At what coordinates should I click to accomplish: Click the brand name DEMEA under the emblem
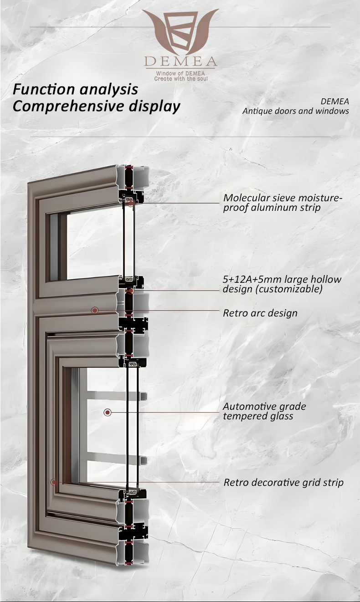[x=180, y=61]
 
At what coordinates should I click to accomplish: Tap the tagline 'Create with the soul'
[x=180, y=79]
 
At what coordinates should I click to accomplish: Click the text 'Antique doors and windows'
[x=295, y=111]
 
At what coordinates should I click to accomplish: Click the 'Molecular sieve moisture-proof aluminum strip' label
[x=283, y=203]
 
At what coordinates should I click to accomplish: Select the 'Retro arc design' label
[x=260, y=313]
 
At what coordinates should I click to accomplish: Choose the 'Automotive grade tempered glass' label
[x=264, y=411]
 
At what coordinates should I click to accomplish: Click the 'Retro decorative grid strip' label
[x=283, y=482]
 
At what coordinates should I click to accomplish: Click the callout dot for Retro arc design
[x=94, y=311]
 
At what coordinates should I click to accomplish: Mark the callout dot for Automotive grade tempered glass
[x=108, y=412]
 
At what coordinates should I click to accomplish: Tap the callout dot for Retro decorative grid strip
[x=54, y=482]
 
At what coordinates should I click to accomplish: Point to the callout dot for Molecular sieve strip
[x=131, y=203]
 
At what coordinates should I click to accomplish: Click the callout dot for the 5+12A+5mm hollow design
[x=130, y=291]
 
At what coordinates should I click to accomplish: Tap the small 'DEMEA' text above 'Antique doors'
[x=335, y=101]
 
